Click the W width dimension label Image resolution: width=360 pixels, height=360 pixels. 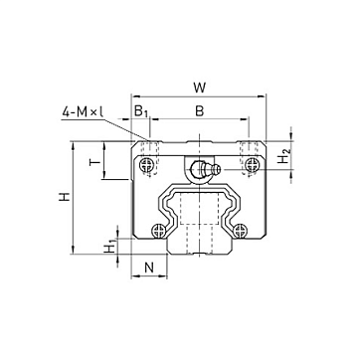200,88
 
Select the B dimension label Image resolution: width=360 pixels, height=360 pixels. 199,111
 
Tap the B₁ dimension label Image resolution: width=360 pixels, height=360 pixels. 141,111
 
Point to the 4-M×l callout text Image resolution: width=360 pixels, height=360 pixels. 83,112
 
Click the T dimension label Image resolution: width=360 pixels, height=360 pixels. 95,162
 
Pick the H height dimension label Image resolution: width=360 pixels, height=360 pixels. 65,197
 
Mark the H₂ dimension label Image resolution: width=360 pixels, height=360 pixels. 283,156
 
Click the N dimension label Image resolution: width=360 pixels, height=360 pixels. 149,268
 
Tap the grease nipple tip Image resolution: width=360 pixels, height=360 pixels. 218,169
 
